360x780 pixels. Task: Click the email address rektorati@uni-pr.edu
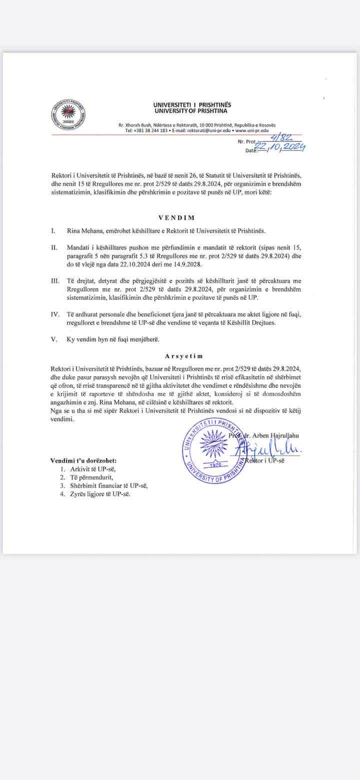208,130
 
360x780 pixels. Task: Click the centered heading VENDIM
176,218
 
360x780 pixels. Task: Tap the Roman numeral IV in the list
54,315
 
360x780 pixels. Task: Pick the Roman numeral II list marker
54,247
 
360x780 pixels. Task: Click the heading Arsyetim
183,356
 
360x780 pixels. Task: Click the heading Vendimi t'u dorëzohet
83,460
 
